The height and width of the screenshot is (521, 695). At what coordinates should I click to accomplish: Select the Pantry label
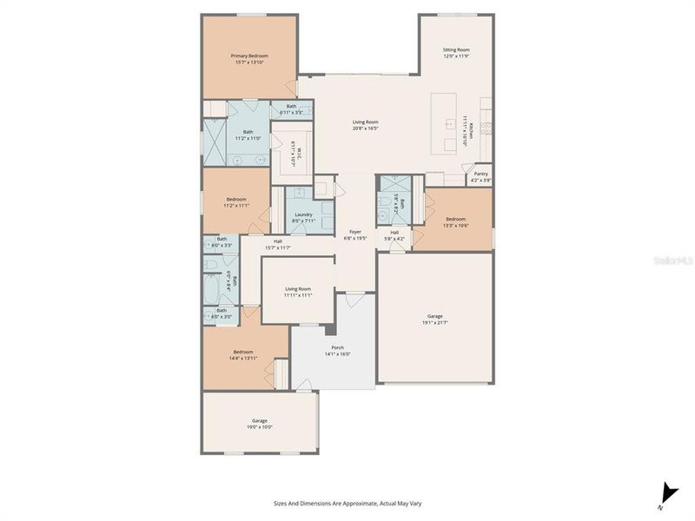(x=480, y=174)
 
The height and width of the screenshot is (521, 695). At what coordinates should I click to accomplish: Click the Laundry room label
(x=303, y=214)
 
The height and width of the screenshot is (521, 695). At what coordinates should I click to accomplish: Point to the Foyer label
(x=355, y=231)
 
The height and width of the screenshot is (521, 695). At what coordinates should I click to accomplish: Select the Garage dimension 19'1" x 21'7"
(x=434, y=322)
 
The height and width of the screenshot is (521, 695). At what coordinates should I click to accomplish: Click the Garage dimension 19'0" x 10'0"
(x=260, y=426)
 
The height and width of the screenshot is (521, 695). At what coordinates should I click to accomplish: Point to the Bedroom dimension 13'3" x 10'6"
(x=456, y=225)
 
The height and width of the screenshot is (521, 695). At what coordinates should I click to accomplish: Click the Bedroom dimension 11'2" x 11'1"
(x=236, y=206)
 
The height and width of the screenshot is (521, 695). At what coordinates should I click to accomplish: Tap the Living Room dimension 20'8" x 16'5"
(x=365, y=129)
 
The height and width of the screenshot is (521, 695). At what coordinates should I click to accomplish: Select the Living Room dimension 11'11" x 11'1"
(x=298, y=295)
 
